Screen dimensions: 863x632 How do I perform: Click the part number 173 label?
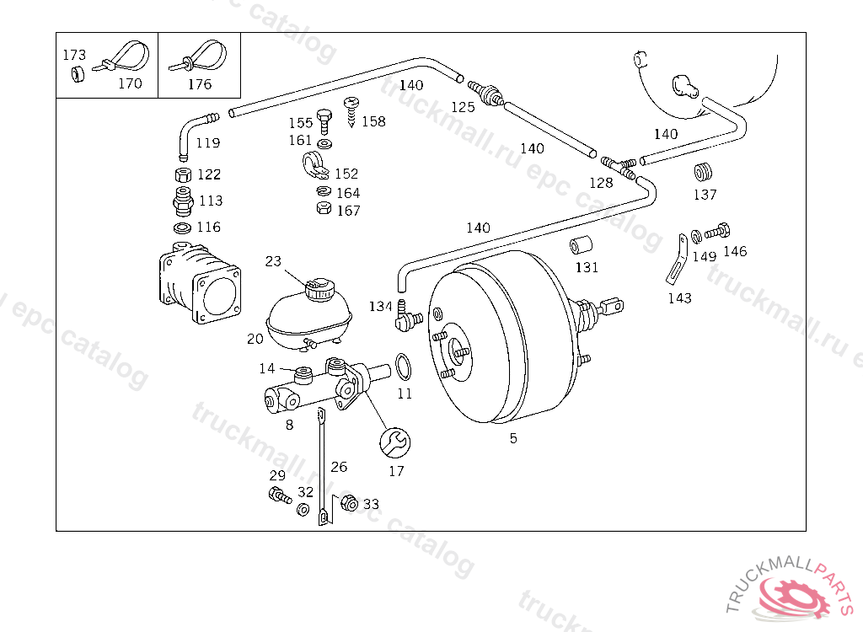click(74, 55)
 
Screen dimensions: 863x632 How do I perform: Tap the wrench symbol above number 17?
click(394, 442)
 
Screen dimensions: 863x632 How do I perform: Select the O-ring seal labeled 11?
click(404, 367)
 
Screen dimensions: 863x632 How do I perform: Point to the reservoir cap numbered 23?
click(319, 290)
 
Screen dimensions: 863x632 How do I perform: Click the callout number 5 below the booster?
click(513, 438)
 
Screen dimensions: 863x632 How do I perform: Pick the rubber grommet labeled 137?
click(703, 172)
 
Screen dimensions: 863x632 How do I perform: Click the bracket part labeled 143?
click(678, 260)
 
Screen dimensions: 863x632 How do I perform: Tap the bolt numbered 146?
click(718, 232)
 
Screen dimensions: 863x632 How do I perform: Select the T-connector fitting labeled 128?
click(619, 166)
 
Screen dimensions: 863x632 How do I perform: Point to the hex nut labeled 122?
click(183, 175)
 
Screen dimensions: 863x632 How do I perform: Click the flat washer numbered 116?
click(182, 228)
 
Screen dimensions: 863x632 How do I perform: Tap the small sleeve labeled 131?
click(581, 245)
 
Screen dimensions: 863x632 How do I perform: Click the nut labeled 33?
click(349, 502)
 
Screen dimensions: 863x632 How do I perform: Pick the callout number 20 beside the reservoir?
click(255, 339)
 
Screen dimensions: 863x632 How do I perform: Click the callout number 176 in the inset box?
click(199, 84)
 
